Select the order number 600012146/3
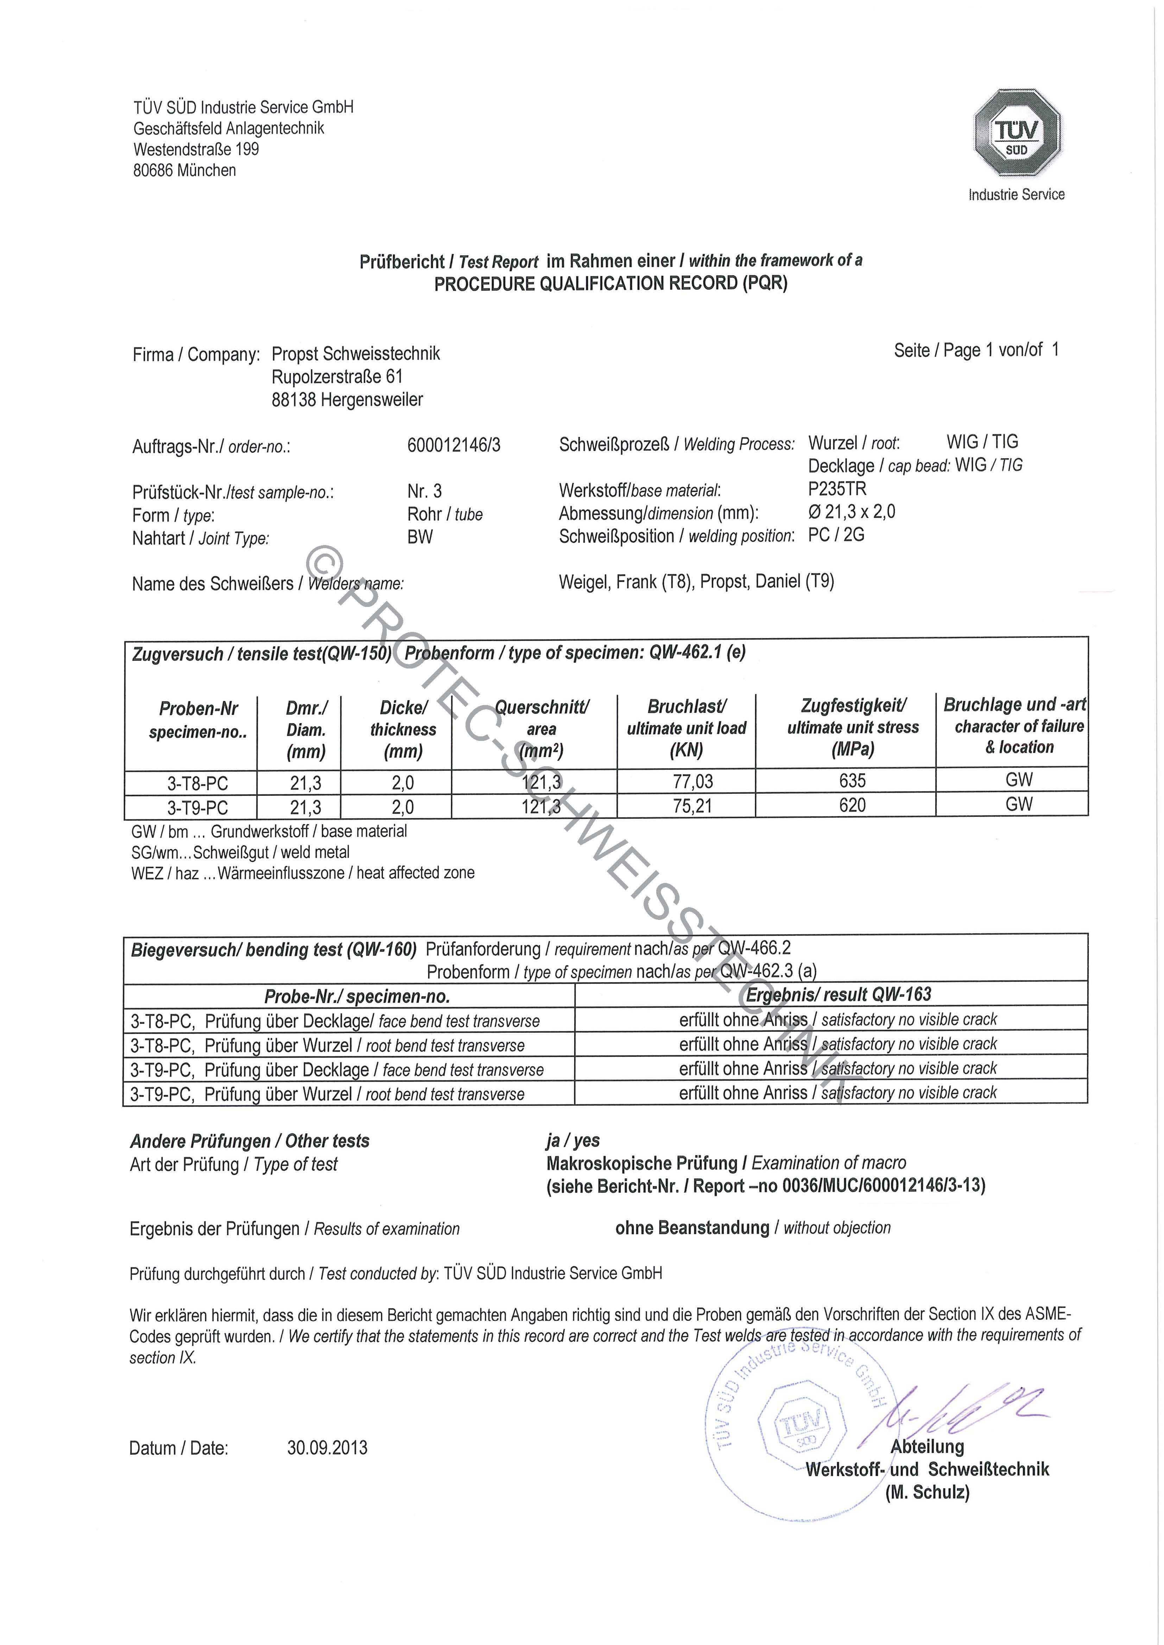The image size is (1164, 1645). click(454, 446)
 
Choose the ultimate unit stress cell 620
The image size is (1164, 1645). click(852, 805)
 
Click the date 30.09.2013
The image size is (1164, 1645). click(327, 1447)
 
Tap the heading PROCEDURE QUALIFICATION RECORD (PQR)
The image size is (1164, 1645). click(611, 284)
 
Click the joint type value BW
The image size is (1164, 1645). click(420, 537)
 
